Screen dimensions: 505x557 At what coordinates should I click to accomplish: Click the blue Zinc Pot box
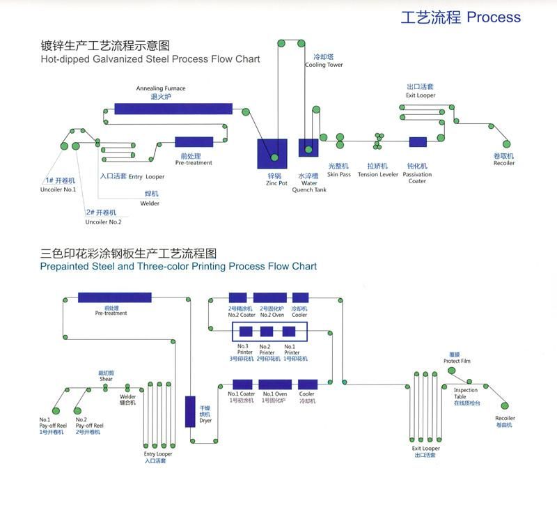coord(272,153)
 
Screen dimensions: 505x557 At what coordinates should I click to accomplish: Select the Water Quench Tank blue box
coord(308,148)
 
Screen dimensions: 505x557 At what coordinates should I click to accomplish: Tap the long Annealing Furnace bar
coord(173,109)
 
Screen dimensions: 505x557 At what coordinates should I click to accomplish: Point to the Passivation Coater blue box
coord(418,142)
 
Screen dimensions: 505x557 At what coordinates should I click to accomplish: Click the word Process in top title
coord(494,17)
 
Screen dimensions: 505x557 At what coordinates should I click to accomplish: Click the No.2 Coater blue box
coord(237,297)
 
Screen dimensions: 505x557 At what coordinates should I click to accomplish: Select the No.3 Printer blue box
coord(245,332)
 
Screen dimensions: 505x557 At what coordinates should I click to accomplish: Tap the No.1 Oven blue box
coord(274,384)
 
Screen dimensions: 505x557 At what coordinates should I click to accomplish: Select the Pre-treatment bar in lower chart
coord(114,297)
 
